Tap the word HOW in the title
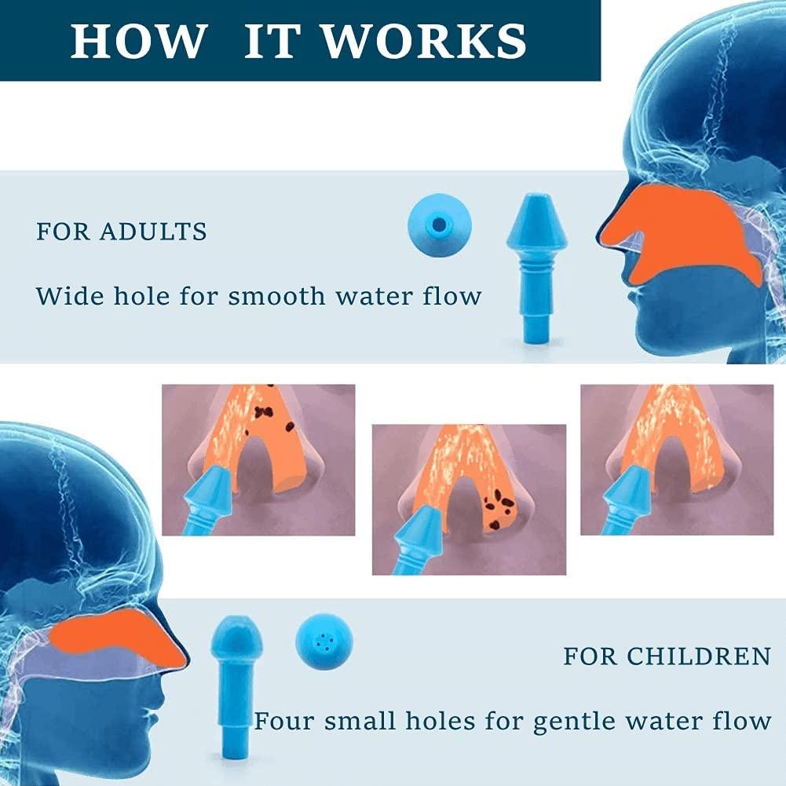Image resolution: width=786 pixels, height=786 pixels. coord(139,41)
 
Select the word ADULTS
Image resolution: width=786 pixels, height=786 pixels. coord(153,232)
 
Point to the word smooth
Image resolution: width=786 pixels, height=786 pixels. coord(276,296)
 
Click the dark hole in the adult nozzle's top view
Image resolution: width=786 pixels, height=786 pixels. coord(439,225)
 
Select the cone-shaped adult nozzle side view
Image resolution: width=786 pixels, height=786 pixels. coord(537,269)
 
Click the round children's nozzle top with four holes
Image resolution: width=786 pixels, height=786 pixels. coord(324,642)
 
